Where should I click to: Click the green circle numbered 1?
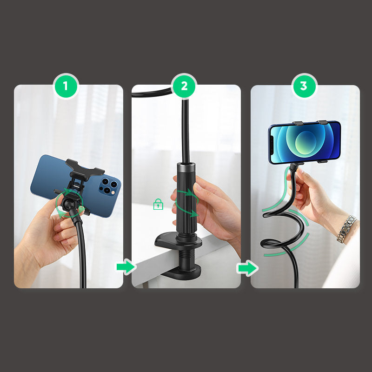(66, 86)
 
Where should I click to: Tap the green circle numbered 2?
(184, 86)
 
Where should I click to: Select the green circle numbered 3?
(304, 86)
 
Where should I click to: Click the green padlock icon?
(158, 204)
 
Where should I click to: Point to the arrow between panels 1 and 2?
(126, 266)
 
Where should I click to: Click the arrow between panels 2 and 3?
(247, 268)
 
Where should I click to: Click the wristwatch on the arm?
(346, 229)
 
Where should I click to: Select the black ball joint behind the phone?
(69, 204)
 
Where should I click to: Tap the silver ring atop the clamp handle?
(186, 165)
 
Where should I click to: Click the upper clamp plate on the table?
(178, 240)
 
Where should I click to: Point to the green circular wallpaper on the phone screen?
(306, 142)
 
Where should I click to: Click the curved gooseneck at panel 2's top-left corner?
(152, 93)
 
